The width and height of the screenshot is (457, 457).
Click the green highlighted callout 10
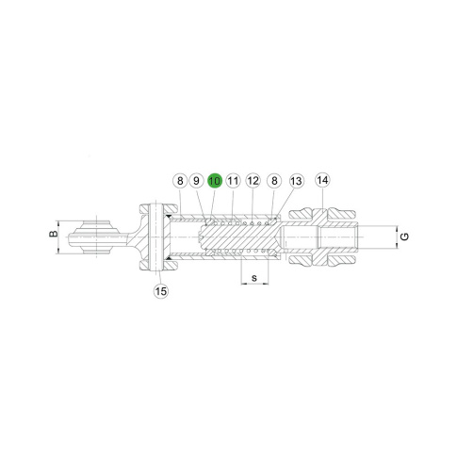click(x=215, y=181)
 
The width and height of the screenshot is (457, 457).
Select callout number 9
click(x=196, y=181)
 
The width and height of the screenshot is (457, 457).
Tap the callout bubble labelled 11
click(x=233, y=181)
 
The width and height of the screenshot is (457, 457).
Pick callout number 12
click(x=253, y=181)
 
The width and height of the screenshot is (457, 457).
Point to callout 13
click(x=296, y=181)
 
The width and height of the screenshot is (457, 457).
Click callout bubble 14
click(x=323, y=180)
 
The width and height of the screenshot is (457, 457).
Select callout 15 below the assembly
click(x=161, y=291)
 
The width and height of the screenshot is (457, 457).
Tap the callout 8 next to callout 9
click(x=180, y=181)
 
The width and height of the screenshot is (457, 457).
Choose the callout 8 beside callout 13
click(x=274, y=181)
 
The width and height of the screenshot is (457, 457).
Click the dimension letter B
click(x=54, y=234)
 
